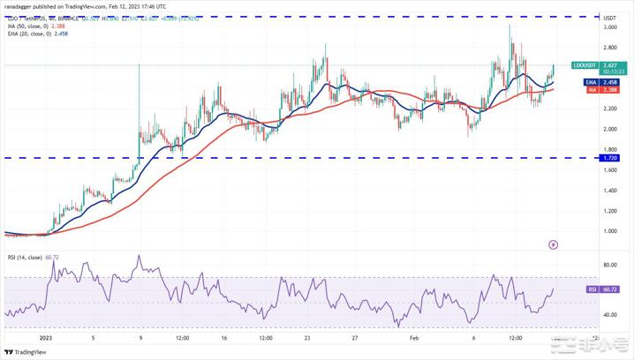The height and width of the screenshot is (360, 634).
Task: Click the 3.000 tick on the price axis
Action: point(609,27)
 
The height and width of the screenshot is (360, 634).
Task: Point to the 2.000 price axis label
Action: point(609,129)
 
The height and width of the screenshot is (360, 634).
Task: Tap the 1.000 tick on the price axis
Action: point(609,231)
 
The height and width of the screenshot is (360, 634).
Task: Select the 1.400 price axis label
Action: point(609,191)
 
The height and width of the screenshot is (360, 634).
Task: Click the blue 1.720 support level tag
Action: point(609,158)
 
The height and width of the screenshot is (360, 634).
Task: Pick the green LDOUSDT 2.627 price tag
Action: point(593,65)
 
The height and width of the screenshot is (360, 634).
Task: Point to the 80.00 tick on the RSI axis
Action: point(609,265)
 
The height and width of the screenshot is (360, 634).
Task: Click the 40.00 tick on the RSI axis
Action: point(609,315)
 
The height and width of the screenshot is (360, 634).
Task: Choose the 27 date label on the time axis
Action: point(353,337)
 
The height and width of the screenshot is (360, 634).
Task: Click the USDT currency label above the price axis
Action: point(609,16)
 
